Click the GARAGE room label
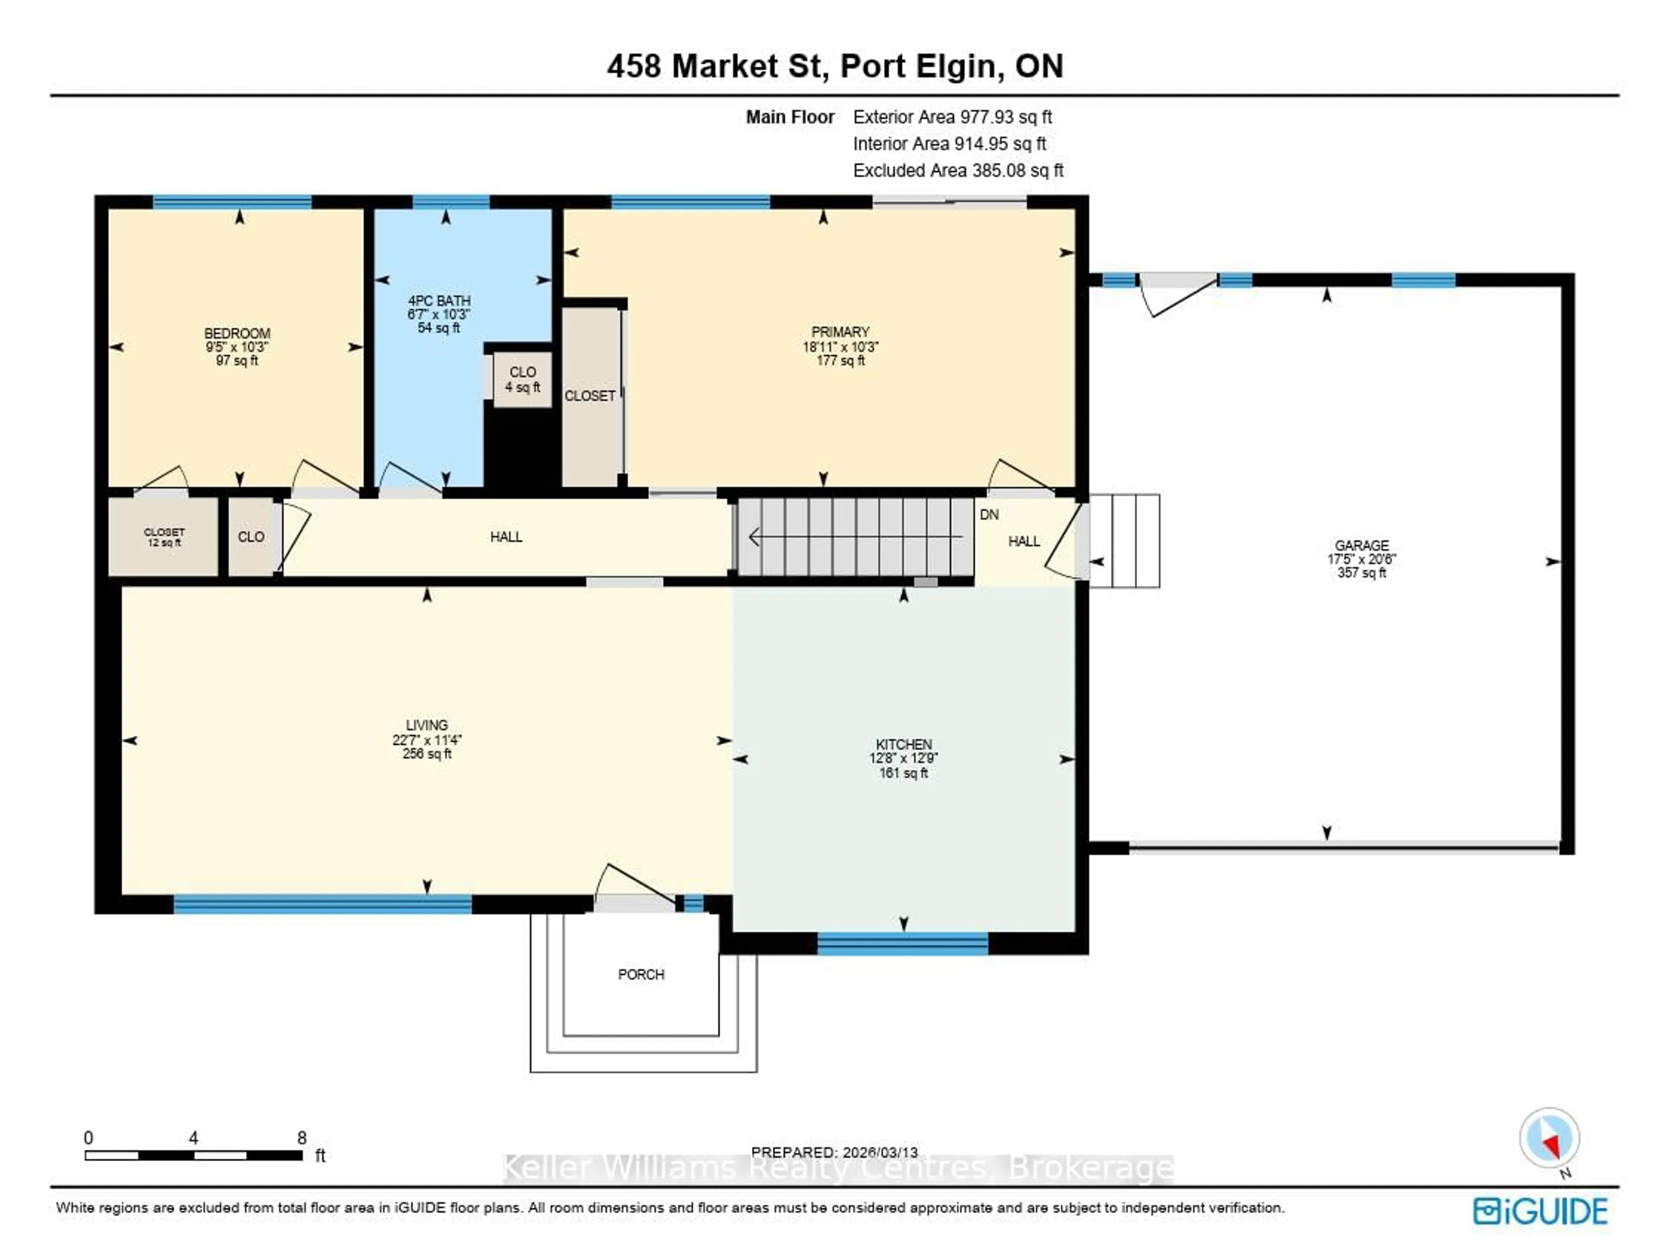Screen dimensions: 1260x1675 1361,545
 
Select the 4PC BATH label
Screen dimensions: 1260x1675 439,301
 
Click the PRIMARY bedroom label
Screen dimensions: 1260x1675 840,332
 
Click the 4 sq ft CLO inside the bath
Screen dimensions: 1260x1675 523,380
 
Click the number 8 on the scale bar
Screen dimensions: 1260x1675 301,1138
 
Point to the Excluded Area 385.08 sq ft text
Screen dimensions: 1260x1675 958,171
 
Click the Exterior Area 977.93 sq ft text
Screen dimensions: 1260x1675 952,116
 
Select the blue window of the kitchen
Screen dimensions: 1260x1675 902,944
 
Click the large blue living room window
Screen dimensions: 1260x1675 323,904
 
